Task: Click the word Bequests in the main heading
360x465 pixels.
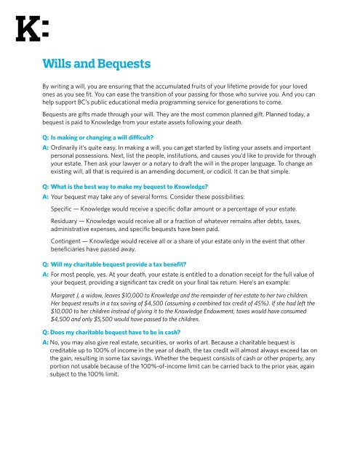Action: tap(121, 64)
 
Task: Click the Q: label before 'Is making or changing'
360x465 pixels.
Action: tap(45, 135)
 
